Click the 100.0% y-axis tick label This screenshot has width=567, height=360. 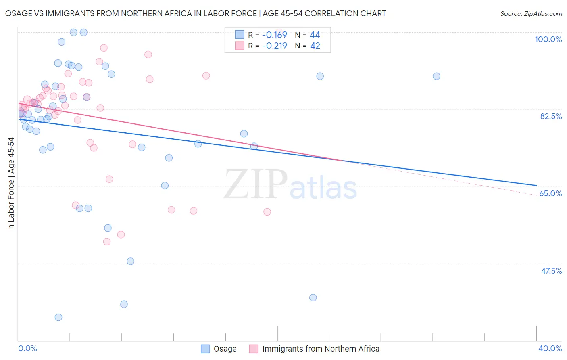tap(548, 39)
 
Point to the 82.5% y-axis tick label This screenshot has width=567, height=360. tap(551, 116)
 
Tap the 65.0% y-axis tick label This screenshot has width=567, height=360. tap(550, 193)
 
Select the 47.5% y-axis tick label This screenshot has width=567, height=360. tap(551, 271)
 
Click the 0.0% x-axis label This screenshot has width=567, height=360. tap(27, 348)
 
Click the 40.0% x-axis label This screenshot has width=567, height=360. tap(550, 348)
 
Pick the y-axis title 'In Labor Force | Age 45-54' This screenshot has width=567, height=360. tap(11, 184)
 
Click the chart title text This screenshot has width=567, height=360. tap(195, 13)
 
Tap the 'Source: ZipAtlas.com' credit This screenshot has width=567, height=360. tap(531, 13)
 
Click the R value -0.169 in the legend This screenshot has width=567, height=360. tap(274, 35)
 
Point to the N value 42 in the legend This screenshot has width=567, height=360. tap(315, 46)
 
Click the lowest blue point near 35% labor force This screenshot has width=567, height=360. tap(58, 317)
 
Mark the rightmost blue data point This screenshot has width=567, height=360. tap(436, 76)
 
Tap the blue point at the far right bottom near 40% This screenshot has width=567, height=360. tap(313, 298)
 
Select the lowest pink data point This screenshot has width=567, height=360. tap(107, 242)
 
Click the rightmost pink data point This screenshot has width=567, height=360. tap(267, 212)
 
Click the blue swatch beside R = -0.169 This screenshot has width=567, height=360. tap(240, 35)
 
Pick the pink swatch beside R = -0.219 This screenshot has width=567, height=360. tap(240, 46)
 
